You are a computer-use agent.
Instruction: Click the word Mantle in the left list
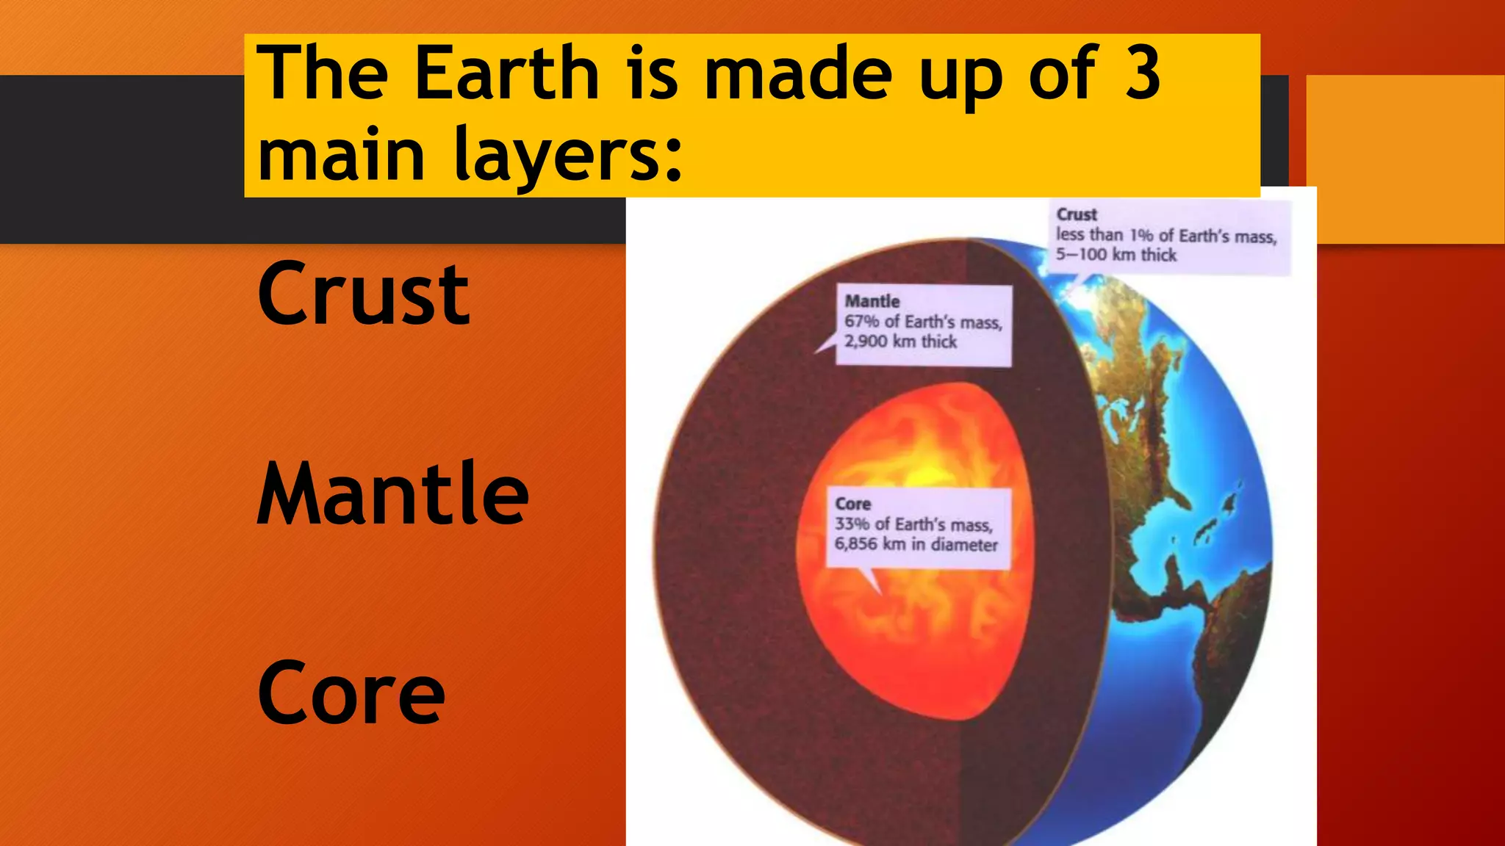click(x=392, y=493)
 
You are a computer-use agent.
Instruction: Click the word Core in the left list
click(x=351, y=693)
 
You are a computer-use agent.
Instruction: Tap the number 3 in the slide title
click(x=1142, y=73)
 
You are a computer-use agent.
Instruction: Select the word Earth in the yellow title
click(x=507, y=73)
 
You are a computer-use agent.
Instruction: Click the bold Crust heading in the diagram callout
click(x=1077, y=214)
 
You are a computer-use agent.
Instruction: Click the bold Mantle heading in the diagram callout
click(x=872, y=301)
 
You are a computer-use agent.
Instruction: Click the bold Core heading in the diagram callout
click(x=853, y=504)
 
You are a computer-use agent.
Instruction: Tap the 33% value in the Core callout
click(x=851, y=524)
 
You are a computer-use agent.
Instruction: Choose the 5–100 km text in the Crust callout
click(x=1095, y=255)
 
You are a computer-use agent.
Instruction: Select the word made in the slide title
click(x=797, y=73)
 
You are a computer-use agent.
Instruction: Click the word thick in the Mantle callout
click(x=939, y=341)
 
